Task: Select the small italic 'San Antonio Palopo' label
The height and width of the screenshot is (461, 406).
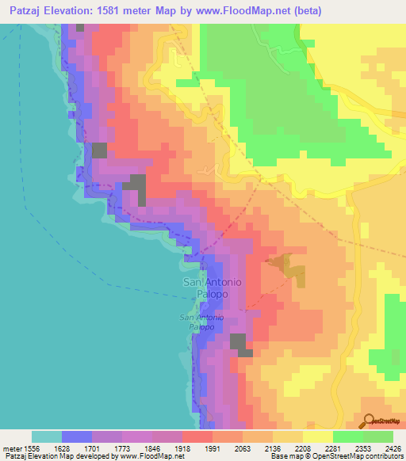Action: coord(201,322)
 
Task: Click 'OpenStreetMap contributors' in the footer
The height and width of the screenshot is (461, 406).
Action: coord(358,456)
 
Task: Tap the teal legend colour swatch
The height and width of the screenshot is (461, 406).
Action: coord(47,436)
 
